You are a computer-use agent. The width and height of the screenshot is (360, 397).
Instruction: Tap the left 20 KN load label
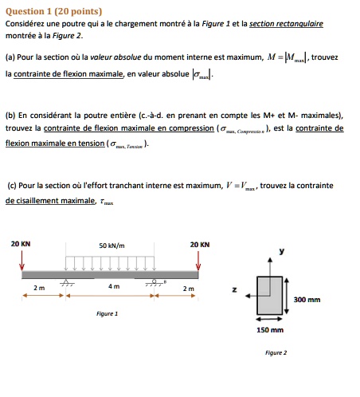click(x=21, y=244)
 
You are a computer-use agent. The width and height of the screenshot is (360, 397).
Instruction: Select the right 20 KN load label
click(x=200, y=244)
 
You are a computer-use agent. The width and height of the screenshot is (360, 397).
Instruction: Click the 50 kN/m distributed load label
click(x=112, y=245)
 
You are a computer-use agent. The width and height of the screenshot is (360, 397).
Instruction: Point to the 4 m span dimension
click(x=112, y=287)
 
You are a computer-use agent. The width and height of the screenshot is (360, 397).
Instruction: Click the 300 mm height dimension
click(x=307, y=300)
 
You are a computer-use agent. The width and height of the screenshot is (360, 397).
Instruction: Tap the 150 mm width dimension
click(x=271, y=329)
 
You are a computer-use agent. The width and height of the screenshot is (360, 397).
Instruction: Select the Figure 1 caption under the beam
click(x=108, y=313)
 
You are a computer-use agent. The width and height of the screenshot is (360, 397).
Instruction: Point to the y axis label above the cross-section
click(x=280, y=252)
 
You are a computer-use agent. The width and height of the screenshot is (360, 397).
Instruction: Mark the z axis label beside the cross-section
click(x=233, y=291)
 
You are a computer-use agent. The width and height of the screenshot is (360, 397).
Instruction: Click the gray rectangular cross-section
click(x=271, y=295)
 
